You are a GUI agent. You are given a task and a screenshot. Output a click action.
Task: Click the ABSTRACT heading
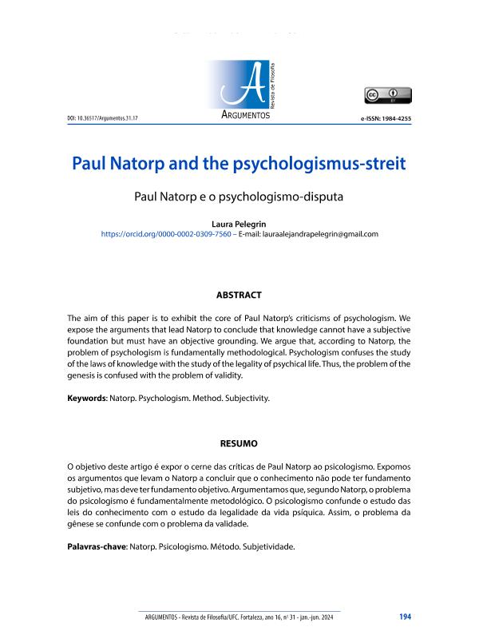click(x=239, y=295)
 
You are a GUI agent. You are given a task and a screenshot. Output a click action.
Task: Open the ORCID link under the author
click(x=165, y=234)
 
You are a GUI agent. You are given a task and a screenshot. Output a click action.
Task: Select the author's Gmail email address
click(x=319, y=234)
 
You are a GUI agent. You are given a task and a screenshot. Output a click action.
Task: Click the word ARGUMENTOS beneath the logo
click(x=244, y=117)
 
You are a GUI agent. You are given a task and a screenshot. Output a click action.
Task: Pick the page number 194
click(x=405, y=617)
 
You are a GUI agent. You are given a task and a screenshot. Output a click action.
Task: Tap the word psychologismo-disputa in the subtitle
click(x=305, y=195)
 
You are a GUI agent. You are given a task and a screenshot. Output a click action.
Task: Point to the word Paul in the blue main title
click(x=90, y=164)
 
